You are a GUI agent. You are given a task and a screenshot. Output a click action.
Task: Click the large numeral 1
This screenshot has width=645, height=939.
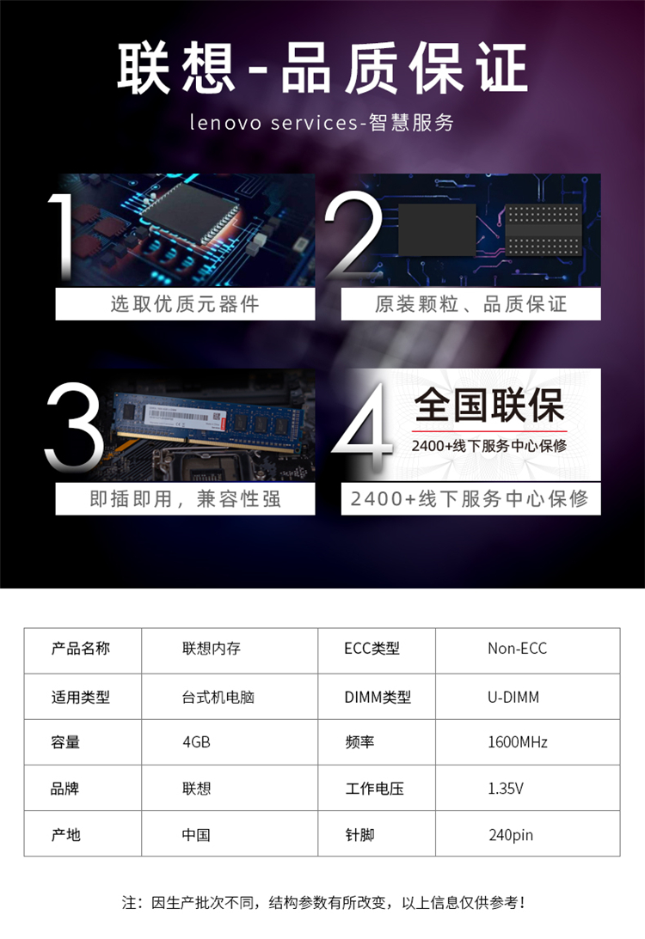point(62,236)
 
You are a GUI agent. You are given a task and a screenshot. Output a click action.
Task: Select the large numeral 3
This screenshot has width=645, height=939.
point(74,426)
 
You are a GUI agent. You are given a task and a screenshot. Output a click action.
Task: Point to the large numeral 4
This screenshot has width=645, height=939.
point(363,426)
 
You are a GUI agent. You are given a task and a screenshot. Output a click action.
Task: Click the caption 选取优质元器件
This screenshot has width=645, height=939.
point(185,304)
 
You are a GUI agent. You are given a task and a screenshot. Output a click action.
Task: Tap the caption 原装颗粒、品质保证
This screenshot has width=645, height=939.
point(470,304)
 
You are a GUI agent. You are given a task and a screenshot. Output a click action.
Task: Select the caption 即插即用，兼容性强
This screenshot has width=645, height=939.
point(185,499)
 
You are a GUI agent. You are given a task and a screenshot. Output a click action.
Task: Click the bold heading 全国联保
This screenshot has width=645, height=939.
point(489,405)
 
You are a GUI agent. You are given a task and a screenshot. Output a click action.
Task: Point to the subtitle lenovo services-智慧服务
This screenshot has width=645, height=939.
point(322,122)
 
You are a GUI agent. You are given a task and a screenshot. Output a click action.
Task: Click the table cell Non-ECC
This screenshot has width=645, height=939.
point(518,649)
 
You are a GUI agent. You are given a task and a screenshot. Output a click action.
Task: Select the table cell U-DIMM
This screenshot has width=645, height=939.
point(513,697)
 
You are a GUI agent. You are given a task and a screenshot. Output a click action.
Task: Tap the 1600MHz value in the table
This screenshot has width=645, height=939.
point(518,742)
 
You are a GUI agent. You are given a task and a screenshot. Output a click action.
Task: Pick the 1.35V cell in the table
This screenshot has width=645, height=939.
point(506,789)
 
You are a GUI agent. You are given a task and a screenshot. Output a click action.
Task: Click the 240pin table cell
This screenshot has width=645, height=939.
point(511,835)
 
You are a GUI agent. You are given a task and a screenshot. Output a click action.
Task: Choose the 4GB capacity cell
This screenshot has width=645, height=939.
point(197,742)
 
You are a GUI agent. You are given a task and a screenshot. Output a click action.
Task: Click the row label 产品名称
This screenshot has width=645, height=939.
point(81,649)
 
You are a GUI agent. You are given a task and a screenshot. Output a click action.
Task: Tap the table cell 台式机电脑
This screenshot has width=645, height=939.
point(218,697)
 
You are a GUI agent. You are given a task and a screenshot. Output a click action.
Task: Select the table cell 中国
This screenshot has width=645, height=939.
point(196,835)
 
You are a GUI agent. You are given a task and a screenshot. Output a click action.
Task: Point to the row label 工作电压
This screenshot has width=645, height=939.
point(375,789)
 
